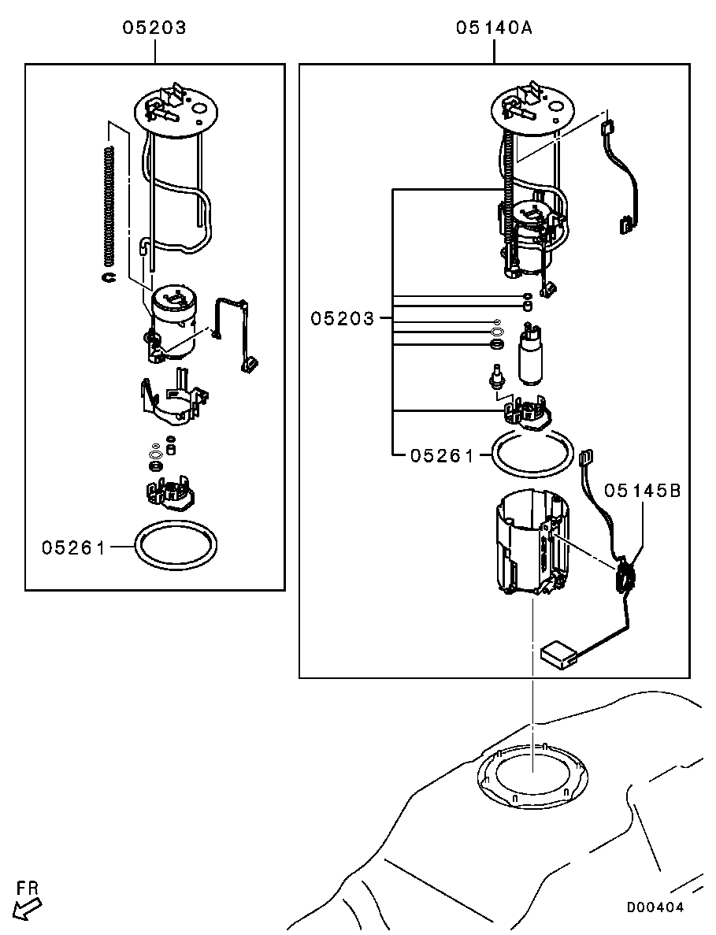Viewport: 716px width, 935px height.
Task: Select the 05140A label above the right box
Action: point(494,28)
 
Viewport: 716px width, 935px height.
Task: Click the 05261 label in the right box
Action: point(441,455)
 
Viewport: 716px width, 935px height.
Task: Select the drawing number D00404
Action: point(655,907)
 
